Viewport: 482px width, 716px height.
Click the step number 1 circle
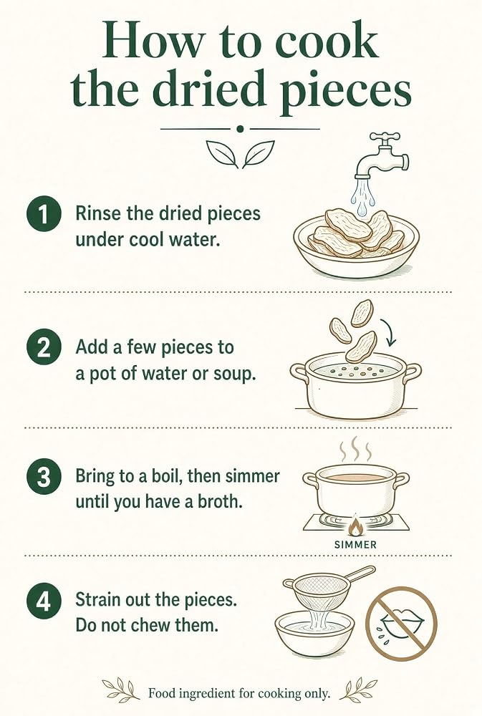click(x=44, y=214)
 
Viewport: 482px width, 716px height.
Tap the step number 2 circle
click(x=44, y=349)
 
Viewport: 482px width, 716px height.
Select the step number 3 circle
click(x=44, y=477)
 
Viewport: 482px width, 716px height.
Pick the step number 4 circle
click(x=44, y=602)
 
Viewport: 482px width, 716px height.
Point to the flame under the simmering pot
click(x=355, y=526)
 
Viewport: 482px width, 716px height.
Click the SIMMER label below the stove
click(x=355, y=545)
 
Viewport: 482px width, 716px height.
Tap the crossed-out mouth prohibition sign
click(x=402, y=624)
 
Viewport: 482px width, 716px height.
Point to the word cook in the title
click(x=327, y=42)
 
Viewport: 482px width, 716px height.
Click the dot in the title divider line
click(x=241, y=129)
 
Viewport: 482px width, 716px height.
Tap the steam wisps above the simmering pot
click(x=355, y=450)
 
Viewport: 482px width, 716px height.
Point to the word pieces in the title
click(x=346, y=89)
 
